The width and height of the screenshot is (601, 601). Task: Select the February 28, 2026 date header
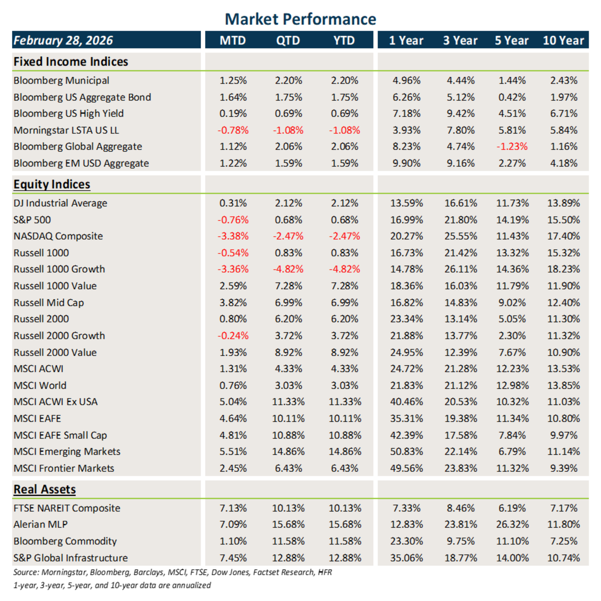(x=63, y=40)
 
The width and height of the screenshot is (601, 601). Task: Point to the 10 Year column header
(x=563, y=40)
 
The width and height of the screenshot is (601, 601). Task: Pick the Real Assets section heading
(x=44, y=489)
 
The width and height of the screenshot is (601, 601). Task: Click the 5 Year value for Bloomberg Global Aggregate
(x=512, y=146)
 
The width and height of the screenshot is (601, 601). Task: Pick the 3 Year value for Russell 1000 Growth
(x=460, y=269)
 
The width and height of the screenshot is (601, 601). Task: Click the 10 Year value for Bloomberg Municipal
(x=563, y=81)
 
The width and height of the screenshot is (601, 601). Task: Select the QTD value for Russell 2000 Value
(x=288, y=352)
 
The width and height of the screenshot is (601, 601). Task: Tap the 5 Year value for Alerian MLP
(x=512, y=524)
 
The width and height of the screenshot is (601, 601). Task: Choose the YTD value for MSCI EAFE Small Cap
(x=345, y=435)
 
